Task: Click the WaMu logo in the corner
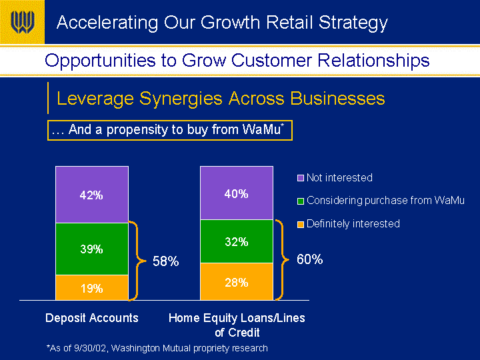[22, 22]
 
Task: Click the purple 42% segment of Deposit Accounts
[92, 195]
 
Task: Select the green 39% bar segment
[92, 249]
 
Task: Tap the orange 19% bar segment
[92, 288]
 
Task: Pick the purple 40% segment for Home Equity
[237, 193]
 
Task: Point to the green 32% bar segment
[237, 241]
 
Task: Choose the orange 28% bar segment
[237, 281]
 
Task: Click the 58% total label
[165, 261]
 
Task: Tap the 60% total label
[310, 259]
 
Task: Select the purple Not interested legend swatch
[301, 178]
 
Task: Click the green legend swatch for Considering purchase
[301, 201]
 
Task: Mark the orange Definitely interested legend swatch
[301, 225]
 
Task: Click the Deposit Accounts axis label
[92, 318]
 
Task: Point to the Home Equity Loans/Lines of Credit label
[237, 325]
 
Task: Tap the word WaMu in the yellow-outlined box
[261, 129]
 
